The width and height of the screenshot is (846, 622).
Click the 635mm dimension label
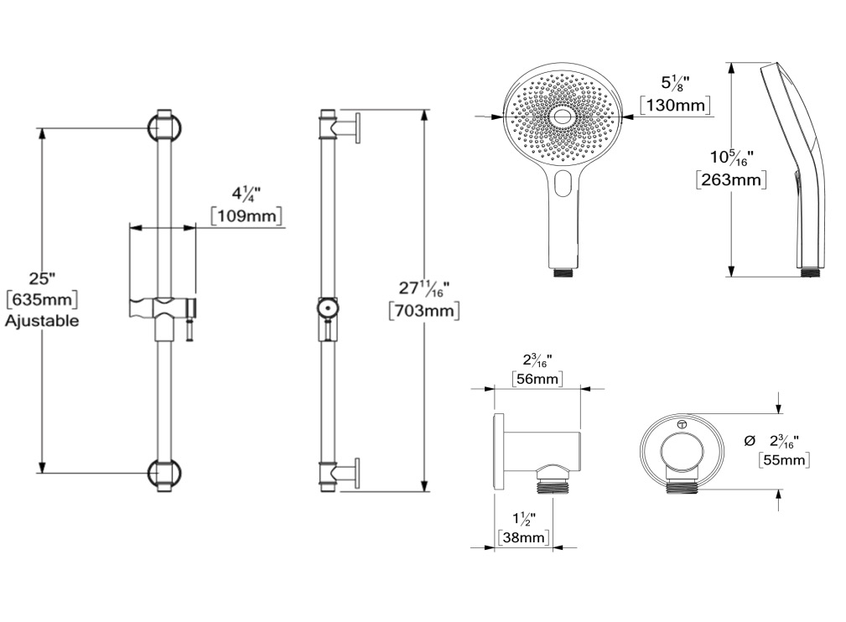[42, 299]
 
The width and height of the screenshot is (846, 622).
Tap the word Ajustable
[42, 321]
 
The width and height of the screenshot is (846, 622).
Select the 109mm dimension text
[247, 215]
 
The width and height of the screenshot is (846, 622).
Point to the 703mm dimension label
[424, 311]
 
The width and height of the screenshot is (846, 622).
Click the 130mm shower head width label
[675, 105]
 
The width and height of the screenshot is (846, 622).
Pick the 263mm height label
[730, 179]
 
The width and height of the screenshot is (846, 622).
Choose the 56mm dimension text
[537, 378]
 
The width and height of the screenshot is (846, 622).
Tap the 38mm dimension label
[523, 537]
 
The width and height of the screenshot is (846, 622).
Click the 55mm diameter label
[784, 460]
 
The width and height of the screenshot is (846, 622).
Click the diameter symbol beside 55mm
[749, 441]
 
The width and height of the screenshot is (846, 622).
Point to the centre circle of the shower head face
[561, 116]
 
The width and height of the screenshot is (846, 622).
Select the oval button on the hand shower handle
[563, 183]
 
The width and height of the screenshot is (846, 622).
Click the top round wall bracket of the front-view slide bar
[164, 128]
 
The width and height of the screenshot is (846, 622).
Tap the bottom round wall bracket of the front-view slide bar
[164, 473]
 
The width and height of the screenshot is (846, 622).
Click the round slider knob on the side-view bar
[327, 308]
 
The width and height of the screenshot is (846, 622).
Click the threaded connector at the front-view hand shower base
[564, 273]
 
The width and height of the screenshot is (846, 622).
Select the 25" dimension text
[42, 279]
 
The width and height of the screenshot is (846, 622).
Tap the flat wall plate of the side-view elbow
[499, 453]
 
